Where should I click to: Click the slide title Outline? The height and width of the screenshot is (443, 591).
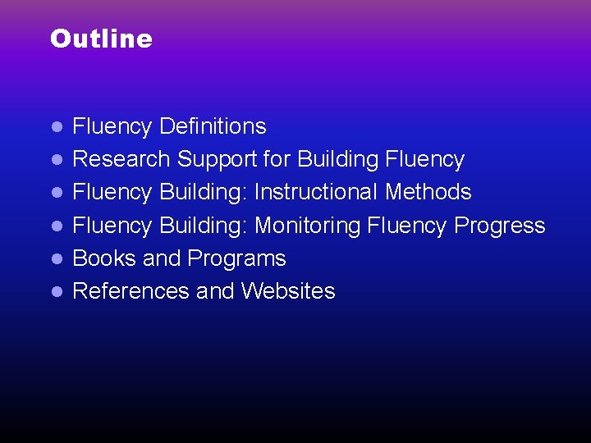coord(101,39)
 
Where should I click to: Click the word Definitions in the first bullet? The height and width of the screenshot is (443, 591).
coord(213,126)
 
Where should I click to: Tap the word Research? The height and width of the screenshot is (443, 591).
coord(121,159)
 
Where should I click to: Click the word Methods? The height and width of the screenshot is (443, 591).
coord(428,192)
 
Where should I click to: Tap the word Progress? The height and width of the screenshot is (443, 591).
coord(499,226)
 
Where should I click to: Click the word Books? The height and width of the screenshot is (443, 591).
coord(104,258)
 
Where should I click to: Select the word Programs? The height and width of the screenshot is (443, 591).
coord(236,258)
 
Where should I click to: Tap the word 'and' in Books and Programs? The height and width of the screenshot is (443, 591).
coord(161,258)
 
